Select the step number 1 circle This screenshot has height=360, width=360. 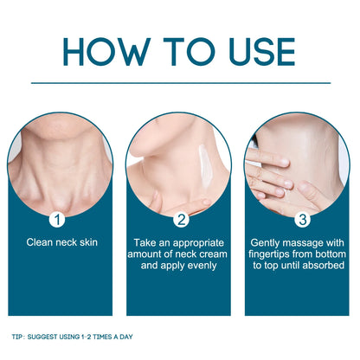[60, 219]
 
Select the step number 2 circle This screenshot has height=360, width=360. [181, 219]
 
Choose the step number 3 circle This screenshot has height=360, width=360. [299, 219]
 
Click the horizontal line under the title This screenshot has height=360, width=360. [180, 82]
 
